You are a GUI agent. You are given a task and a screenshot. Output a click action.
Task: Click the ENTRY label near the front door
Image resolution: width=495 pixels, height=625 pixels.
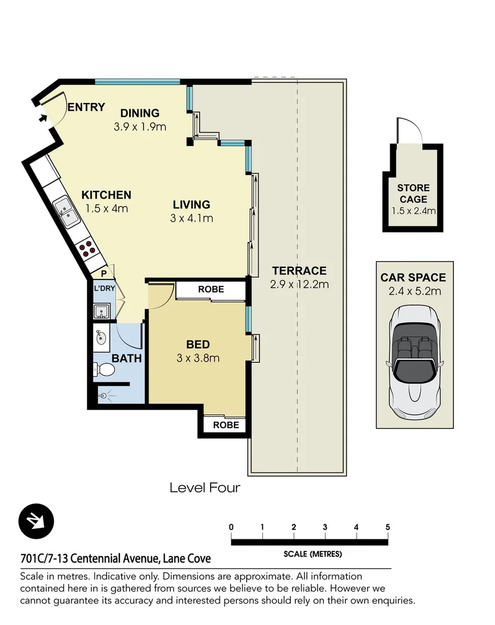86,107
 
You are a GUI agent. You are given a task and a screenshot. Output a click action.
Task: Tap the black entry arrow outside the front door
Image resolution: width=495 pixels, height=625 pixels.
43,119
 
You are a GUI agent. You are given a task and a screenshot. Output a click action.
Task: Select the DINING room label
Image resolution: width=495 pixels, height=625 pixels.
140,113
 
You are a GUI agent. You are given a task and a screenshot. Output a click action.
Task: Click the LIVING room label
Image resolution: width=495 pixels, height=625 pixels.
192,204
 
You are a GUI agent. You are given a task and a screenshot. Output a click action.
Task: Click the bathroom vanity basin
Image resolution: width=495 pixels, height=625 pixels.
101,337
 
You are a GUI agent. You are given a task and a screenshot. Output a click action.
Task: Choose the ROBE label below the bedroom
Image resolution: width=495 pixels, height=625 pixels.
225,425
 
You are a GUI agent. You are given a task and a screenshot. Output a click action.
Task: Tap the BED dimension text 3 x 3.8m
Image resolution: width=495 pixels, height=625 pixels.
198,358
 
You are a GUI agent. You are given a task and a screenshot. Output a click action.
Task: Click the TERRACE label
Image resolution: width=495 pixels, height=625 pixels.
299,271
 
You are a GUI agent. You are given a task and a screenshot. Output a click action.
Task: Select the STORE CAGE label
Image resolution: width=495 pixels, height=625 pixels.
413,193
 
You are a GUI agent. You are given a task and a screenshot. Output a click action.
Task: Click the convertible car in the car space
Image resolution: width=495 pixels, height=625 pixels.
415,362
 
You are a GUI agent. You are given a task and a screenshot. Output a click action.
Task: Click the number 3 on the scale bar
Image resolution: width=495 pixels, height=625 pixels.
325,527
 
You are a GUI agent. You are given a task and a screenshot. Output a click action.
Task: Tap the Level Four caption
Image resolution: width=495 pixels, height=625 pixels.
204,488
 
